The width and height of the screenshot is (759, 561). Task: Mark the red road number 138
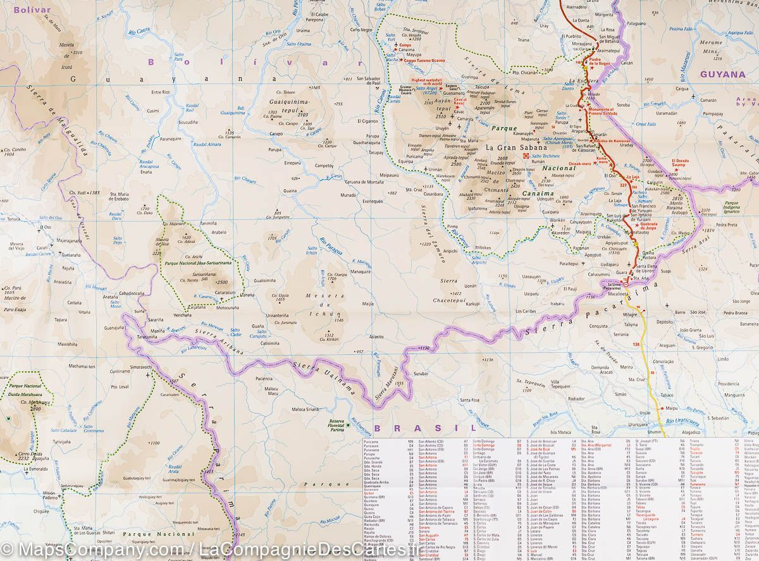[x=636, y=343]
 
